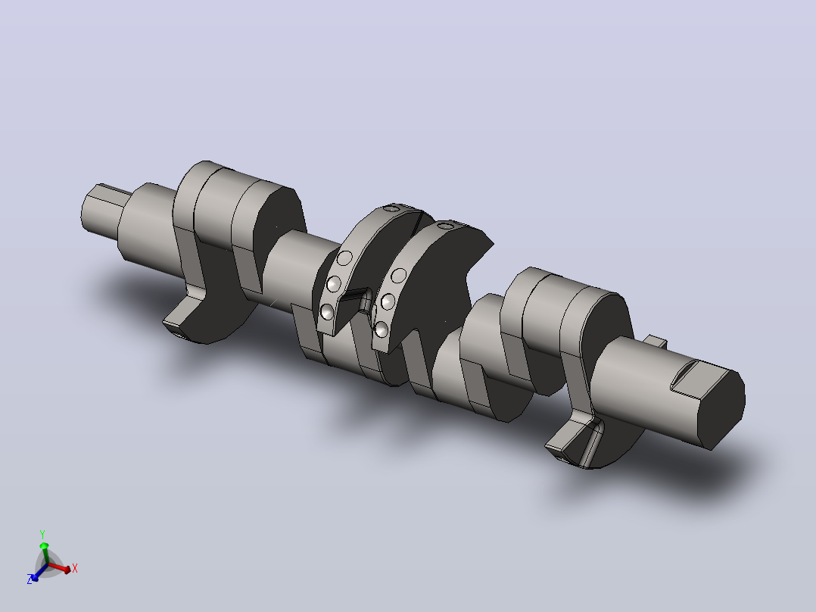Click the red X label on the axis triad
(x=75, y=568)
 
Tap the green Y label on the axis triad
(x=42, y=535)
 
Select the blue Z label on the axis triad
(x=30, y=579)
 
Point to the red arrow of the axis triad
(x=59, y=568)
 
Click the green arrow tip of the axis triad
(x=44, y=546)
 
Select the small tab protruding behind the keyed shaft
(x=655, y=341)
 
